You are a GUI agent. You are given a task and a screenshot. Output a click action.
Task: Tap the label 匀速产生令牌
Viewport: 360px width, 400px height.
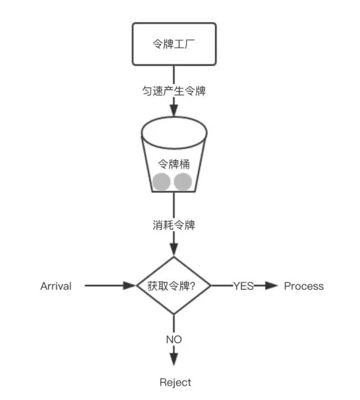tap(174, 90)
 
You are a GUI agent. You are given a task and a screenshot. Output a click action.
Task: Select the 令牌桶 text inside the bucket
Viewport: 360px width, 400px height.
tap(174, 165)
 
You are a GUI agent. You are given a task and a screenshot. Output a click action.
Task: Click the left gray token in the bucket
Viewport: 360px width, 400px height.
tap(161, 181)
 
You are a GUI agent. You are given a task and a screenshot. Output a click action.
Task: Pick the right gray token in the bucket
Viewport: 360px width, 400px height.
tap(183, 181)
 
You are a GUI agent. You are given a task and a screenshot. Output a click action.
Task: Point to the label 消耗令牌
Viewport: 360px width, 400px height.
tap(174, 225)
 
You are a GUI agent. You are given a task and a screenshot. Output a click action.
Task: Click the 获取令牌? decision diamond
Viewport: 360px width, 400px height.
tap(174, 285)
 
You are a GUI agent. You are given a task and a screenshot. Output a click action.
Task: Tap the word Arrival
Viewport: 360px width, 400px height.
tap(56, 286)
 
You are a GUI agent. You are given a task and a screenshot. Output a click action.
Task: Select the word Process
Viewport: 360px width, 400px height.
tap(304, 286)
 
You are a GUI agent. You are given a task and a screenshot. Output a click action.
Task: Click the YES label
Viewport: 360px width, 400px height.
tap(244, 286)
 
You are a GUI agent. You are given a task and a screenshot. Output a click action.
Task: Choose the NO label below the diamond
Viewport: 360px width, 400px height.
tap(174, 339)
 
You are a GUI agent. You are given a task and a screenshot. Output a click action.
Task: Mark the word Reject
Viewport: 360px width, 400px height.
tap(175, 383)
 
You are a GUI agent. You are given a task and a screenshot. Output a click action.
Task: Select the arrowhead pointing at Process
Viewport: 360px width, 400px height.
tap(272, 286)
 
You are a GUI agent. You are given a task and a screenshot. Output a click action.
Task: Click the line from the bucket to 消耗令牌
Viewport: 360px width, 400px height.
tap(174, 205)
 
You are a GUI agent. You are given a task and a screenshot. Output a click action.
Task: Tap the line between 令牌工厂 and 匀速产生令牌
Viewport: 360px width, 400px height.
tap(174, 73)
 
